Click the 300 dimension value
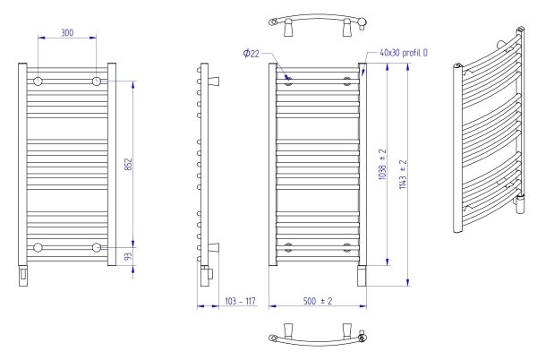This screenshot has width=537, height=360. pyautogui.click(x=67, y=33)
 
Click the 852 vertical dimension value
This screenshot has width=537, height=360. pyautogui.click(x=128, y=165)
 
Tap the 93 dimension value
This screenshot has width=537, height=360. pyautogui.click(x=128, y=256)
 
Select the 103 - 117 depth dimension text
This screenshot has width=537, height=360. pyautogui.click(x=240, y=301)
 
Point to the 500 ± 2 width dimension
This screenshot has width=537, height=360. pyautogui.click(x=318, y=301)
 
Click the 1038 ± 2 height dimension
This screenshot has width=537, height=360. pyautogui.click(x=382, y=164)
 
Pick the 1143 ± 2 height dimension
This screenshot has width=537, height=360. pyautogui.click(x=403, y=175)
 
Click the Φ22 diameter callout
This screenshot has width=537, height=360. pyautogui.click(x=251, y=54)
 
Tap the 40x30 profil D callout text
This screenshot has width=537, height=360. pyautogui.click(x=404, y=53)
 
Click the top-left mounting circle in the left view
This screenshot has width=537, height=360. pyautogui.click(x=38, y=81)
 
